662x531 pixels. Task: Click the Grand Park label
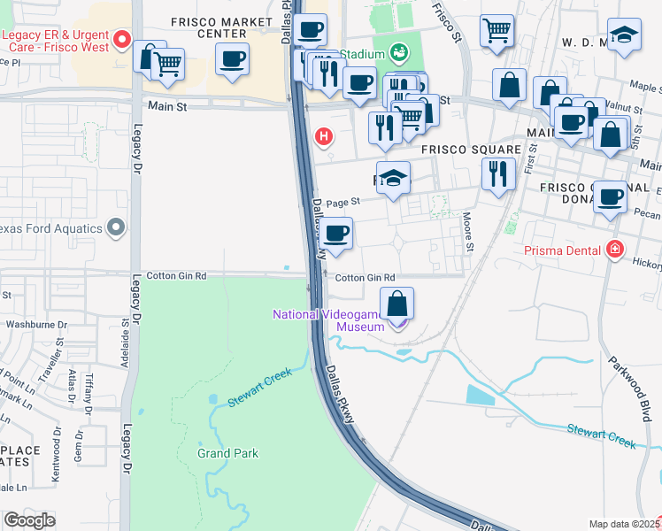(227, 453)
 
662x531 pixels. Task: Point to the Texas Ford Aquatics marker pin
(116, 228)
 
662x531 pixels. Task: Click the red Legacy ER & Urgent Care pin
(123, 40)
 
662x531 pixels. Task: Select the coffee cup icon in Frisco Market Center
(232, 59)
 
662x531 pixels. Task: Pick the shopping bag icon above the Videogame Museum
(398, 304)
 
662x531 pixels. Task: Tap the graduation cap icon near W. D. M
(624, 35)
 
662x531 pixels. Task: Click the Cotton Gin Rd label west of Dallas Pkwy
(176, 276)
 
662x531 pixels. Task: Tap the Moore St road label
(467, 232)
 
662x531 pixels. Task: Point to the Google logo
(29, 520)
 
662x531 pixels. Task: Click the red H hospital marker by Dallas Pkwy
(325, 137)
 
